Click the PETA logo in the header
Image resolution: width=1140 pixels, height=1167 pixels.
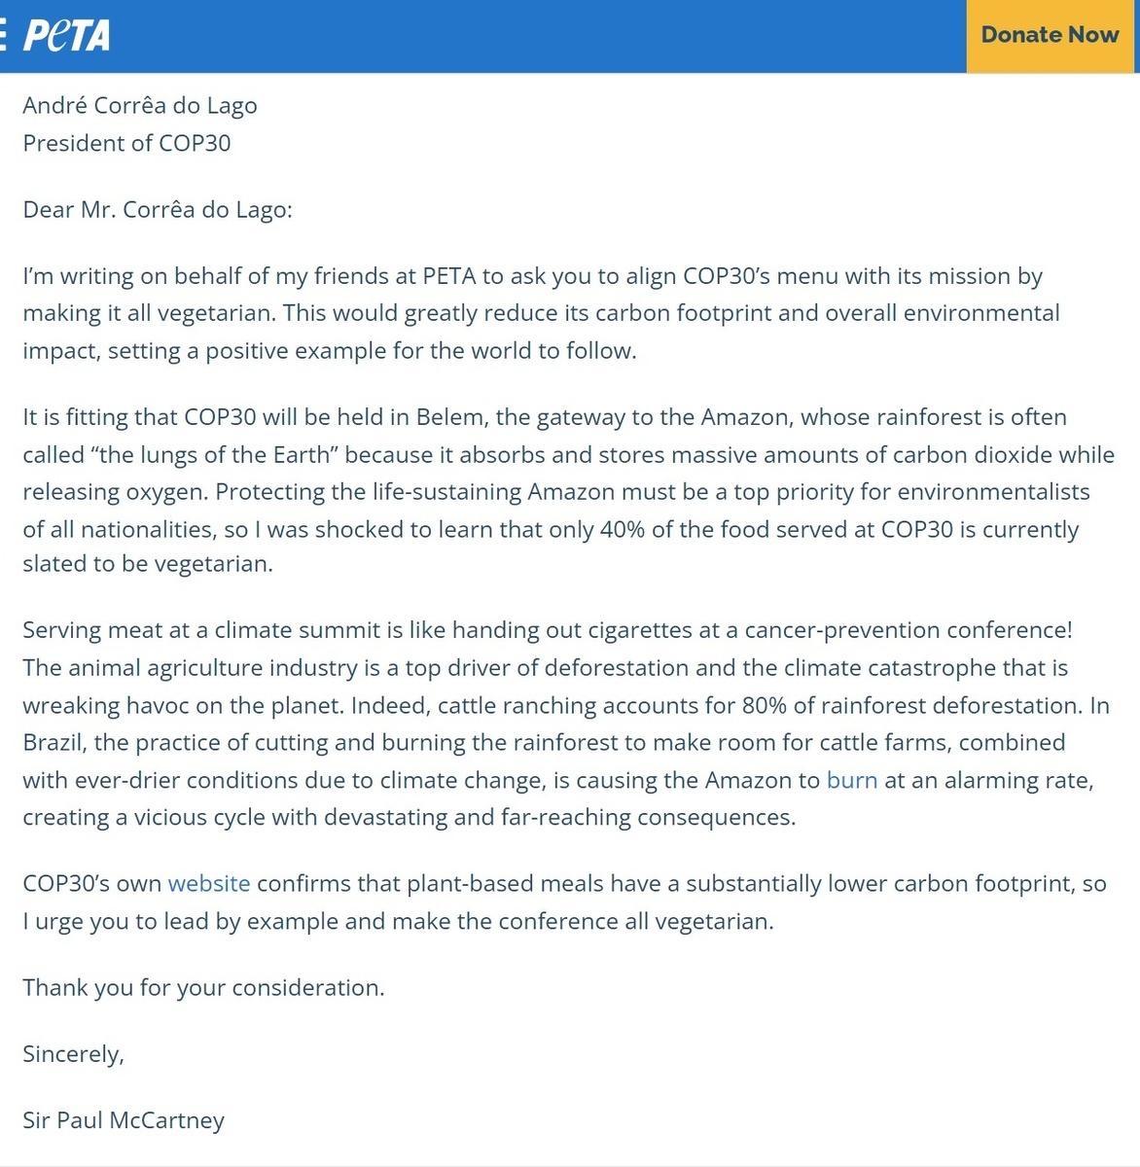pos(66,35)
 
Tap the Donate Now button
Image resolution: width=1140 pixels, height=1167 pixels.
pos(1050,35)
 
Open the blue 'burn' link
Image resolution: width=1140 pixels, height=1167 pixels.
pos(851,780)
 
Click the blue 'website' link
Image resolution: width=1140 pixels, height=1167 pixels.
pos(209,883)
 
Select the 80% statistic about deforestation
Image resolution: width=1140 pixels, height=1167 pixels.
pos(765,705)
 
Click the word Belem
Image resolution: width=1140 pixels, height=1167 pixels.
pos(451,417)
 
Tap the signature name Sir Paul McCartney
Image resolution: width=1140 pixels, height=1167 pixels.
pos(124,1119)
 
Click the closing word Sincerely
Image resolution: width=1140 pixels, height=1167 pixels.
pos(73,1053)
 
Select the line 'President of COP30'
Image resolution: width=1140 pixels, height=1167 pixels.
pos(126,143)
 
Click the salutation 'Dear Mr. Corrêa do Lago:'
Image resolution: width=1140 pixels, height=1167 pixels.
pos(158,209)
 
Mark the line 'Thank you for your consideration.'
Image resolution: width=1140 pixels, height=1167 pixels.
pos(203,987)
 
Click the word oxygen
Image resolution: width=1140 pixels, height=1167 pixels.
pos(165,492)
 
